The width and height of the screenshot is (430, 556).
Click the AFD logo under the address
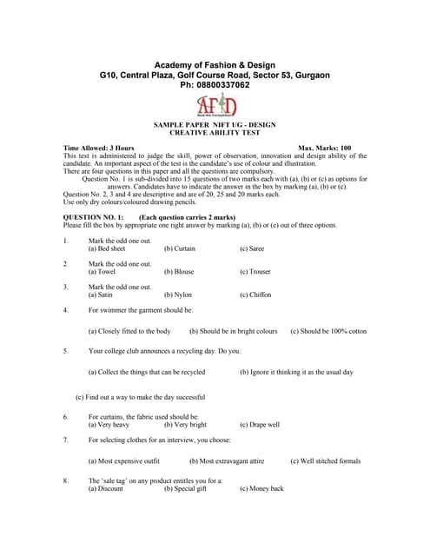215,105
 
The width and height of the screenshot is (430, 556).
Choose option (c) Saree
254,248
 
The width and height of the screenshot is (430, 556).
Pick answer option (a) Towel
103,272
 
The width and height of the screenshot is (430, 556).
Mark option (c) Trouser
255,272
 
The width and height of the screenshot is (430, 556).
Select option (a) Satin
101,295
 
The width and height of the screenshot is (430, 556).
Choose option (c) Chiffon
255,295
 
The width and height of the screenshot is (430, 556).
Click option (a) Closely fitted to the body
129,331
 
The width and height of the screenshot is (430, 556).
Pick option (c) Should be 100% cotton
328,331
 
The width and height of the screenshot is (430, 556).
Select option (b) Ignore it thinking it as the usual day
296,372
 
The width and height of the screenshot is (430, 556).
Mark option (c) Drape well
260,425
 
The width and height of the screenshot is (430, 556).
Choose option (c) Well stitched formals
325,461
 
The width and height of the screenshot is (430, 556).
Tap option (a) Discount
106,488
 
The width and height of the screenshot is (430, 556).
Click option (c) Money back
261,488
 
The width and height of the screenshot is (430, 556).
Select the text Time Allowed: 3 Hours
99,149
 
